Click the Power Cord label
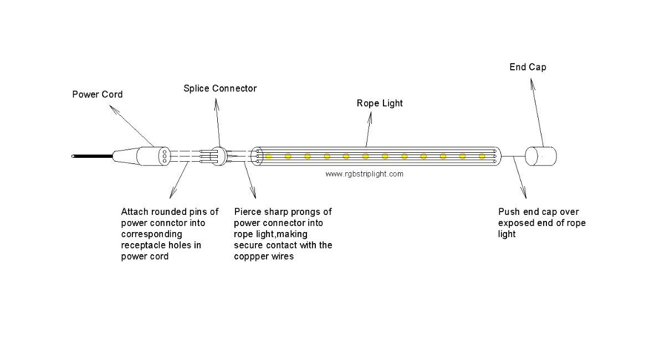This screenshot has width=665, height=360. [98, 94]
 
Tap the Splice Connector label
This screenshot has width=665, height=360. [220, 89]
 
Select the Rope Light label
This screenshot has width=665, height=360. [380, 103]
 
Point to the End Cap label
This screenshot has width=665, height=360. [528, 67]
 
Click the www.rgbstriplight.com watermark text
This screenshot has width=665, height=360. [364, 174]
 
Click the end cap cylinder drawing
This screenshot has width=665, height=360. [541, 156]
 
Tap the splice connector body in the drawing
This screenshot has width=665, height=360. [218, 156]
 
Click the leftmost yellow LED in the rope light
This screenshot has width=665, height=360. [268, 156]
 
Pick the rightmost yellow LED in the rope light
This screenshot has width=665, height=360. [482, 156]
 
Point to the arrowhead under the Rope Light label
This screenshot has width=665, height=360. [370, 117]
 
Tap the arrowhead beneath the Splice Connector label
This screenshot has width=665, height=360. [217, 104]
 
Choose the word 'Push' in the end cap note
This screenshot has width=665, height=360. [509, 212]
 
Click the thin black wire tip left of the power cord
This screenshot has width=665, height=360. [73, 156]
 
